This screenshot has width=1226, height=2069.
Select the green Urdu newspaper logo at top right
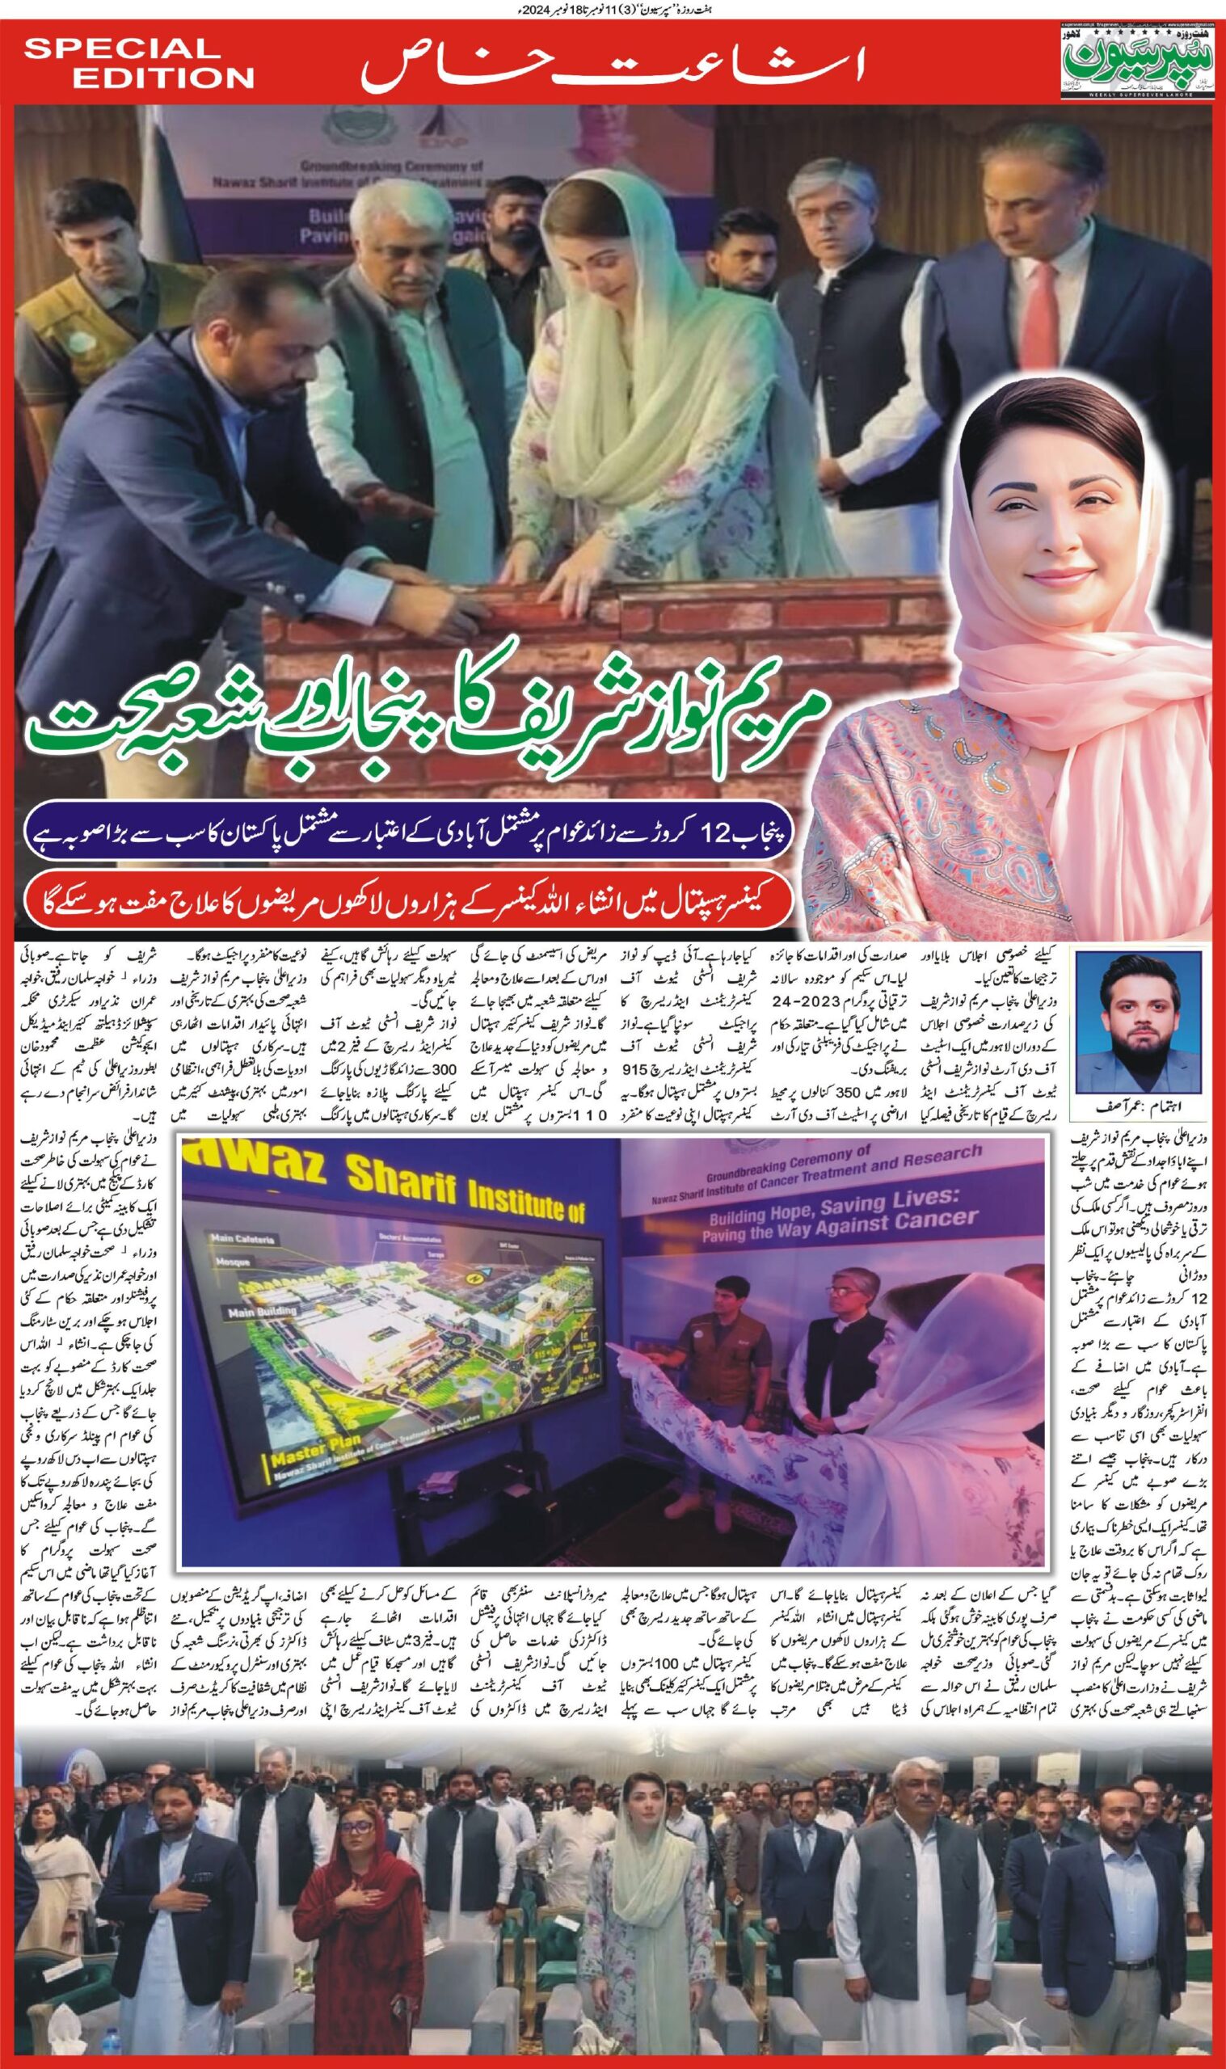pos(1140,58)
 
